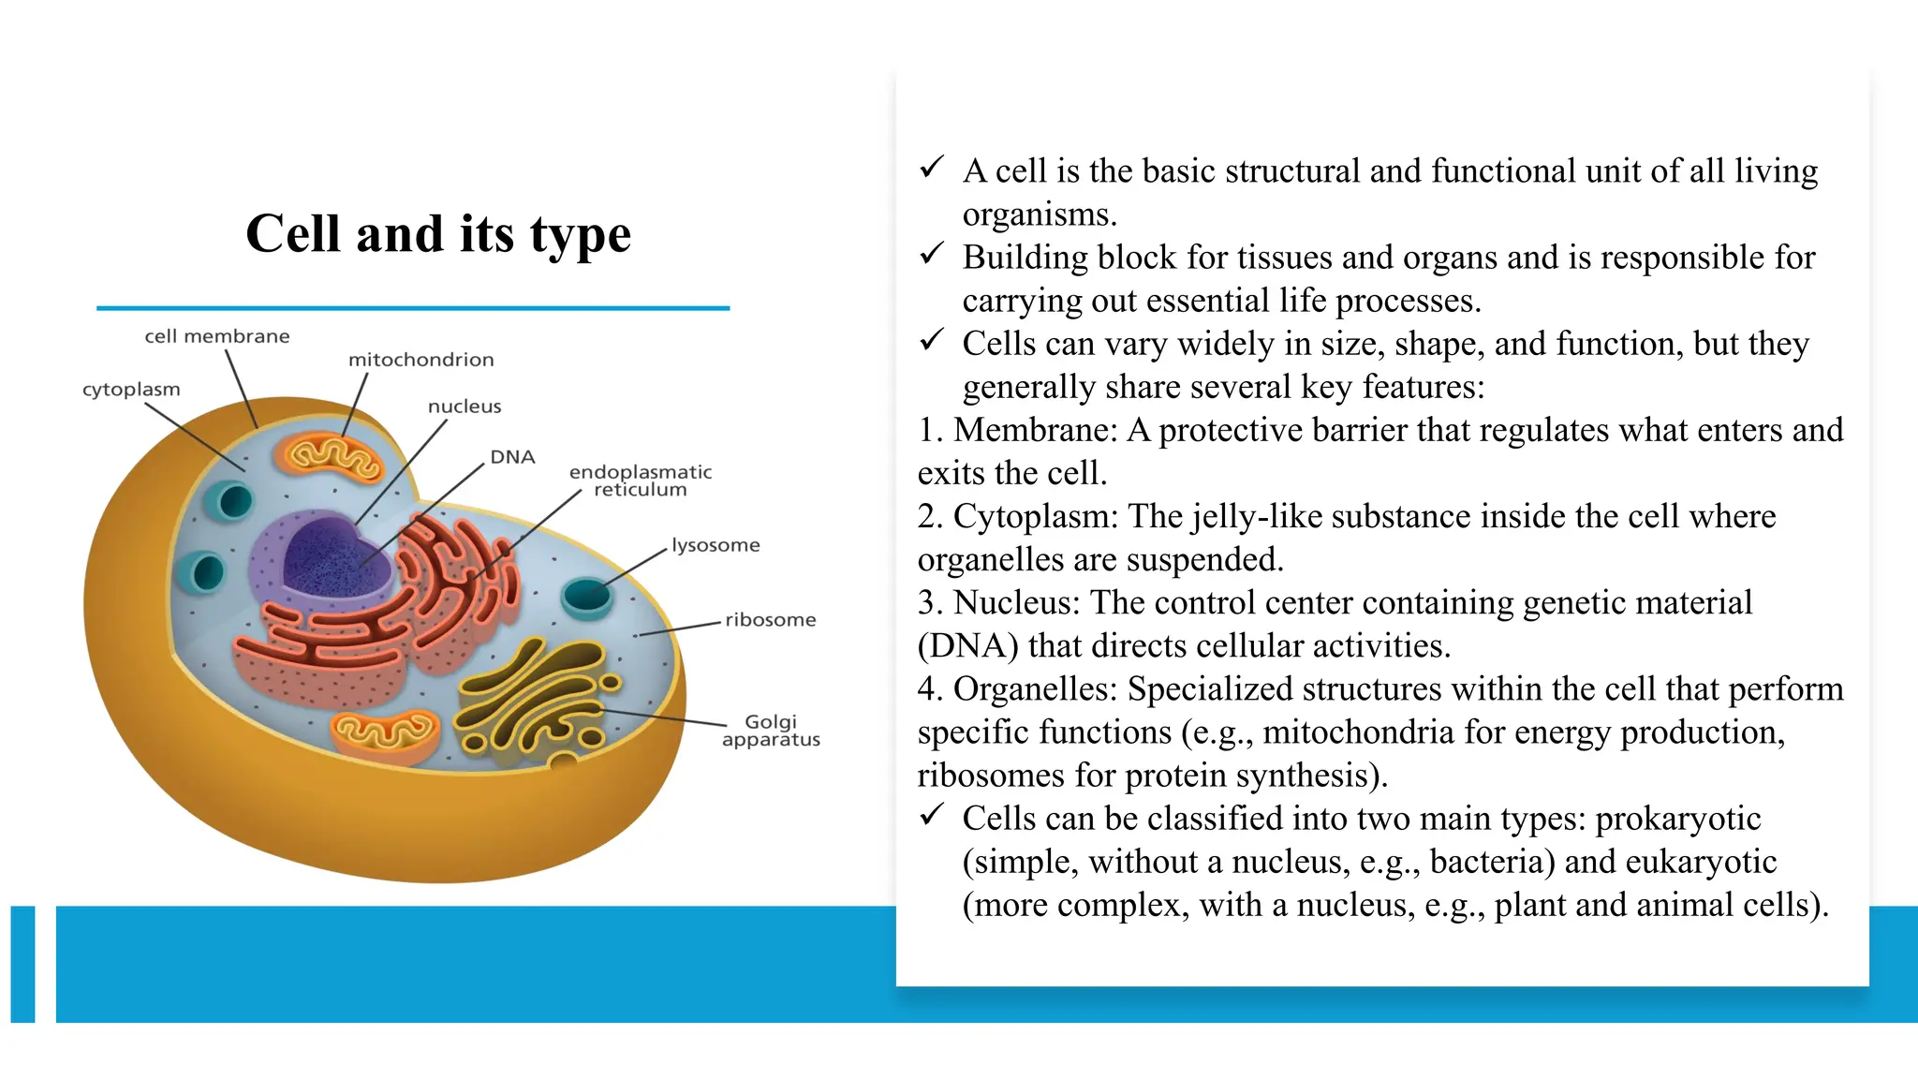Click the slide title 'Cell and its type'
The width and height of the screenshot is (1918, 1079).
pyautogui.click(x=438, y=233)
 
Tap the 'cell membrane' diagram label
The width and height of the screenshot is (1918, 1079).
pyautogui.click(x=216, y=336)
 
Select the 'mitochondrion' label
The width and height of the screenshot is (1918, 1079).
pyautogui.click(x=420, y=360)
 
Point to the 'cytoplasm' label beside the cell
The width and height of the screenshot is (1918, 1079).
pyautogui.click(x=131, y=389)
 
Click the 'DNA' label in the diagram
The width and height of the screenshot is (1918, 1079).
pyautogui.click(x=512, y=457)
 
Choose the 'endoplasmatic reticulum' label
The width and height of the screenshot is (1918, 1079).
pyautogui.click(x=641, y=480)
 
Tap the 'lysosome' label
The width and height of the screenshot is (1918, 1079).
pyautogui.click(x=716, y=545)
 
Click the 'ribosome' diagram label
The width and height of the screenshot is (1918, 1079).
pyautogui.click(x=770, y=620)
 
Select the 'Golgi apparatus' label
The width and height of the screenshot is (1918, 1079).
pyautogui.click(x=771, y=731)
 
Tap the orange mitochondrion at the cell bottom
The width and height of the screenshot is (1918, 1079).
pyautogui.click(x=385, y=732)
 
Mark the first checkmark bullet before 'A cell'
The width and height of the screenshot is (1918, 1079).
pyautogui.click(x=931, y=168)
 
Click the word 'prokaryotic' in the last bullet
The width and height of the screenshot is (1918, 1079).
pyautogui.click(x=1678, y=819)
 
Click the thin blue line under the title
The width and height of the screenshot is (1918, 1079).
pyautogui.click(x=412, y=307)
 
